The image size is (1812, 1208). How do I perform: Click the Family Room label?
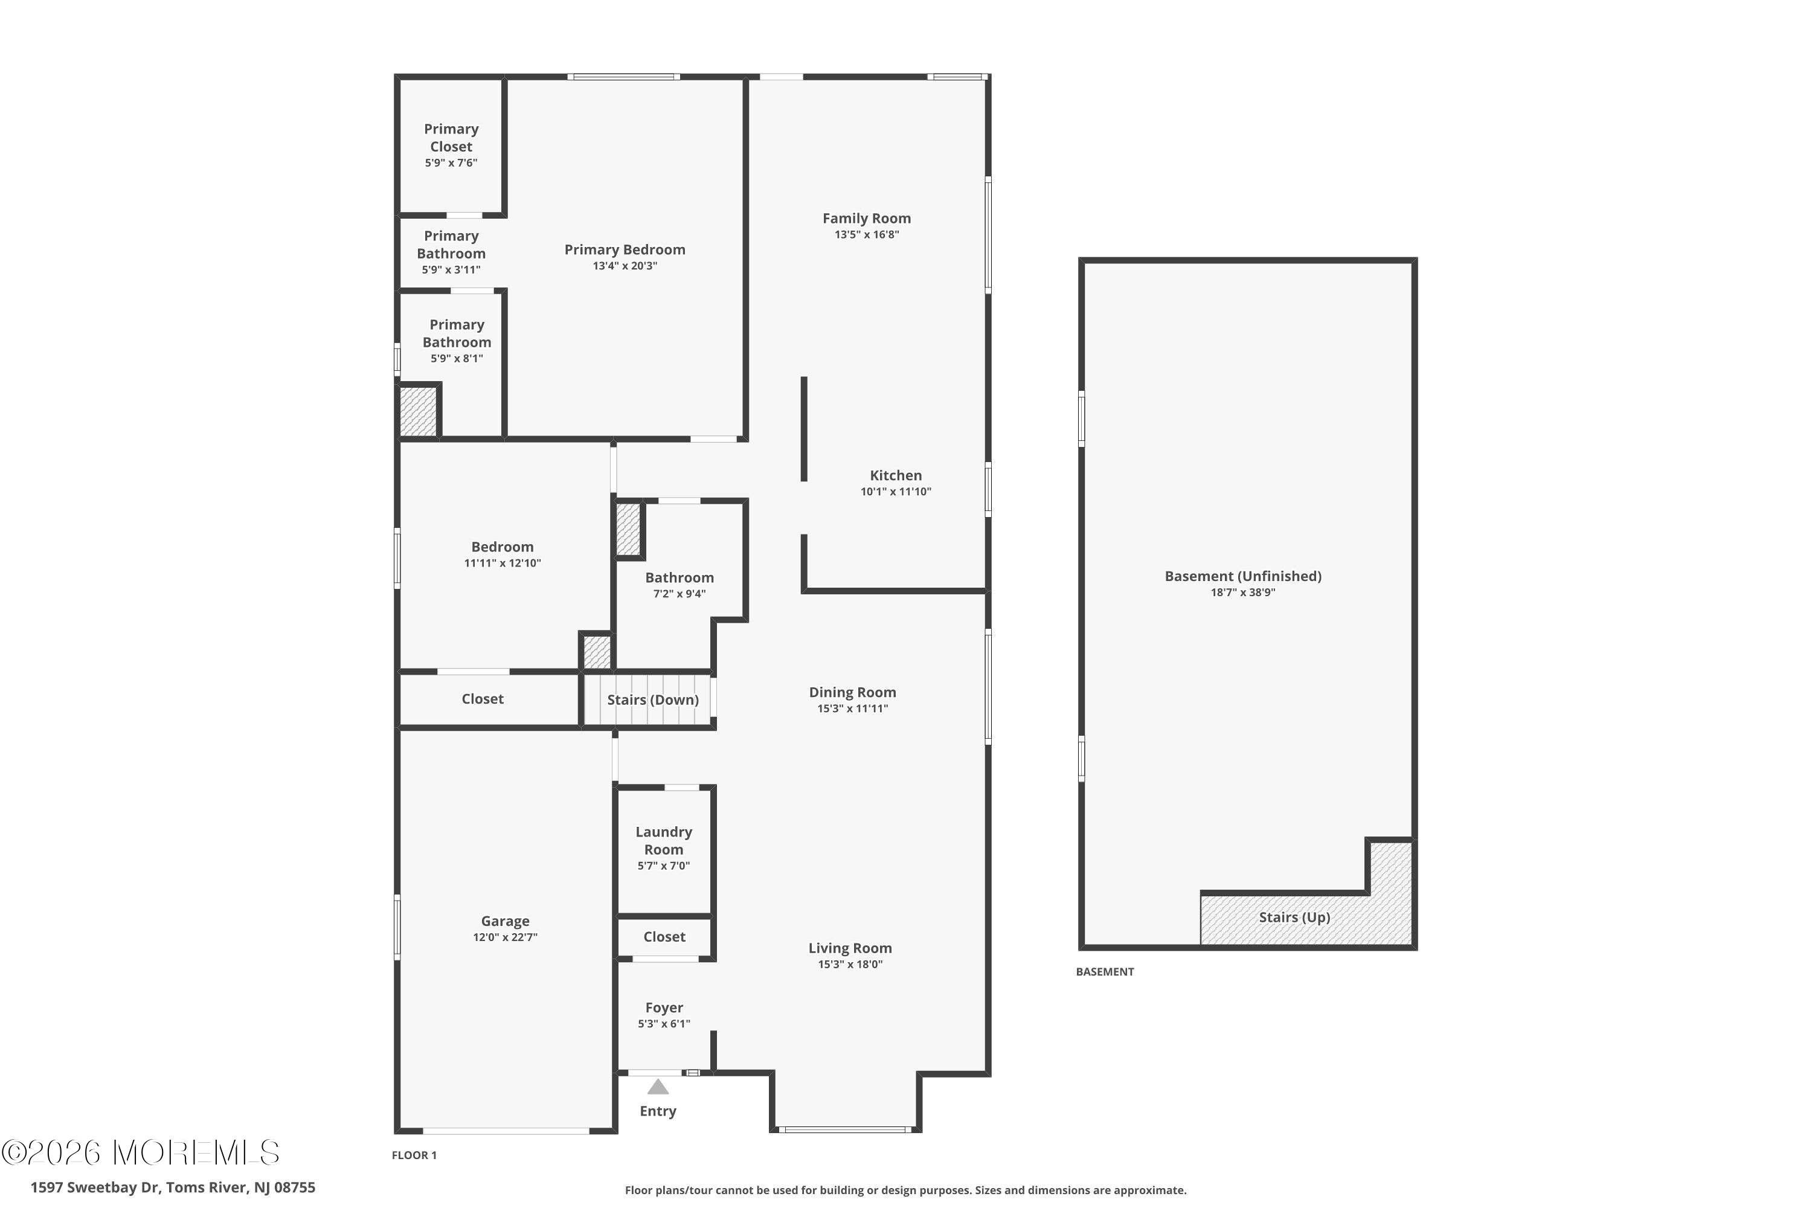coord(867,218)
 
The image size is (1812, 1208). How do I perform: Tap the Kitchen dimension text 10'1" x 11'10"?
coord(896,492)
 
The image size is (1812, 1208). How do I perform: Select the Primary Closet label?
coord(451,138)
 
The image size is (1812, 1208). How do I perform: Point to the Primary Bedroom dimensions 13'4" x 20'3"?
coord(625,266)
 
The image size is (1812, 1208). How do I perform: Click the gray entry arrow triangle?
coord(658,1087)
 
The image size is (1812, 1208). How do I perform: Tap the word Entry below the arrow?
coord(658,1111)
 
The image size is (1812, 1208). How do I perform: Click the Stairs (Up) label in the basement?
coord(1294,917)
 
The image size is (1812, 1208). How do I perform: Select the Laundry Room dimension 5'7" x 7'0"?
coord(664,866)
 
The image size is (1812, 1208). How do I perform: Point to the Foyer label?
coord(664,1007)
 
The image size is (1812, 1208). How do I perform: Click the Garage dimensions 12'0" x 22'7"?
coord(506,937)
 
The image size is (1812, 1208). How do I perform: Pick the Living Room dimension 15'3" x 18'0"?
coord(850,965)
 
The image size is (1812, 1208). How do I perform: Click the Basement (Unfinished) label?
coord(1244,576)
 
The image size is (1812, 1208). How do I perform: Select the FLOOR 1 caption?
coord(414,1155)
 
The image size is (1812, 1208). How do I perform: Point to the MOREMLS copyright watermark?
coord(140,1152)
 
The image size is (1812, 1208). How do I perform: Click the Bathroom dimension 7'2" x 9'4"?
coord(679,594)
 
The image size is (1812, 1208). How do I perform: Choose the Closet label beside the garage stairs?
coord(482,699)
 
